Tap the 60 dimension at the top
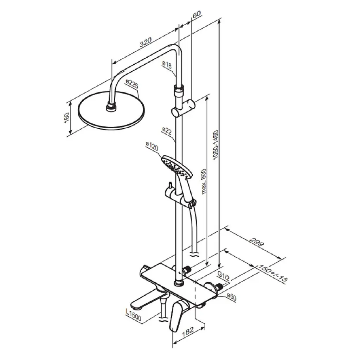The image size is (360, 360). click(x=197, y=14)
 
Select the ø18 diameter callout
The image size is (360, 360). click(x=167, y=65)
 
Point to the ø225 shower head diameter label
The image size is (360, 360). click(x=132, y=84)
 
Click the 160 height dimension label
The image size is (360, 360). click(x=67, y=117)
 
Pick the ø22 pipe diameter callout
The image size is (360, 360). click(x=167, y=131)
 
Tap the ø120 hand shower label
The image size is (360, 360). click(x=152, y=146)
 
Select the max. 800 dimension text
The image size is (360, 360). click(x=204, y=181)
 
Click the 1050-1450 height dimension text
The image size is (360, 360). click(x=216, y=145)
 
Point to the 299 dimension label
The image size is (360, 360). click(x=257, y=243)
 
